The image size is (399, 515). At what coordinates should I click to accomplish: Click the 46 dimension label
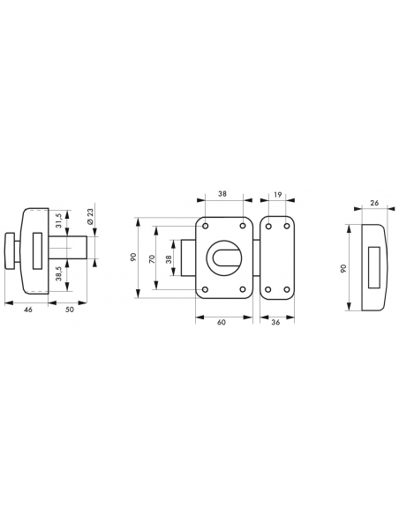click(28, 310)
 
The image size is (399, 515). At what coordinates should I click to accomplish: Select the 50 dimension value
click(70, 310)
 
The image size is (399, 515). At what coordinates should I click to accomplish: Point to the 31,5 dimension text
click(59, 220)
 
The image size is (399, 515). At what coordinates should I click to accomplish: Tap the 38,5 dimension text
click(59, 273)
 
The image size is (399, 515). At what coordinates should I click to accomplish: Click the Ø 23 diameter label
click(91, 216)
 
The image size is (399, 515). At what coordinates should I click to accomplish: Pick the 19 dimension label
click(278, 194)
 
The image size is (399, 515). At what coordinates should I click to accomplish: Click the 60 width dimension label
click(222, 322)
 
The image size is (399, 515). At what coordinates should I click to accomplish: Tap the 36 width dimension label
click(275, 322)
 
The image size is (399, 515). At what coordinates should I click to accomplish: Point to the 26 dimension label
click(374, 203)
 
